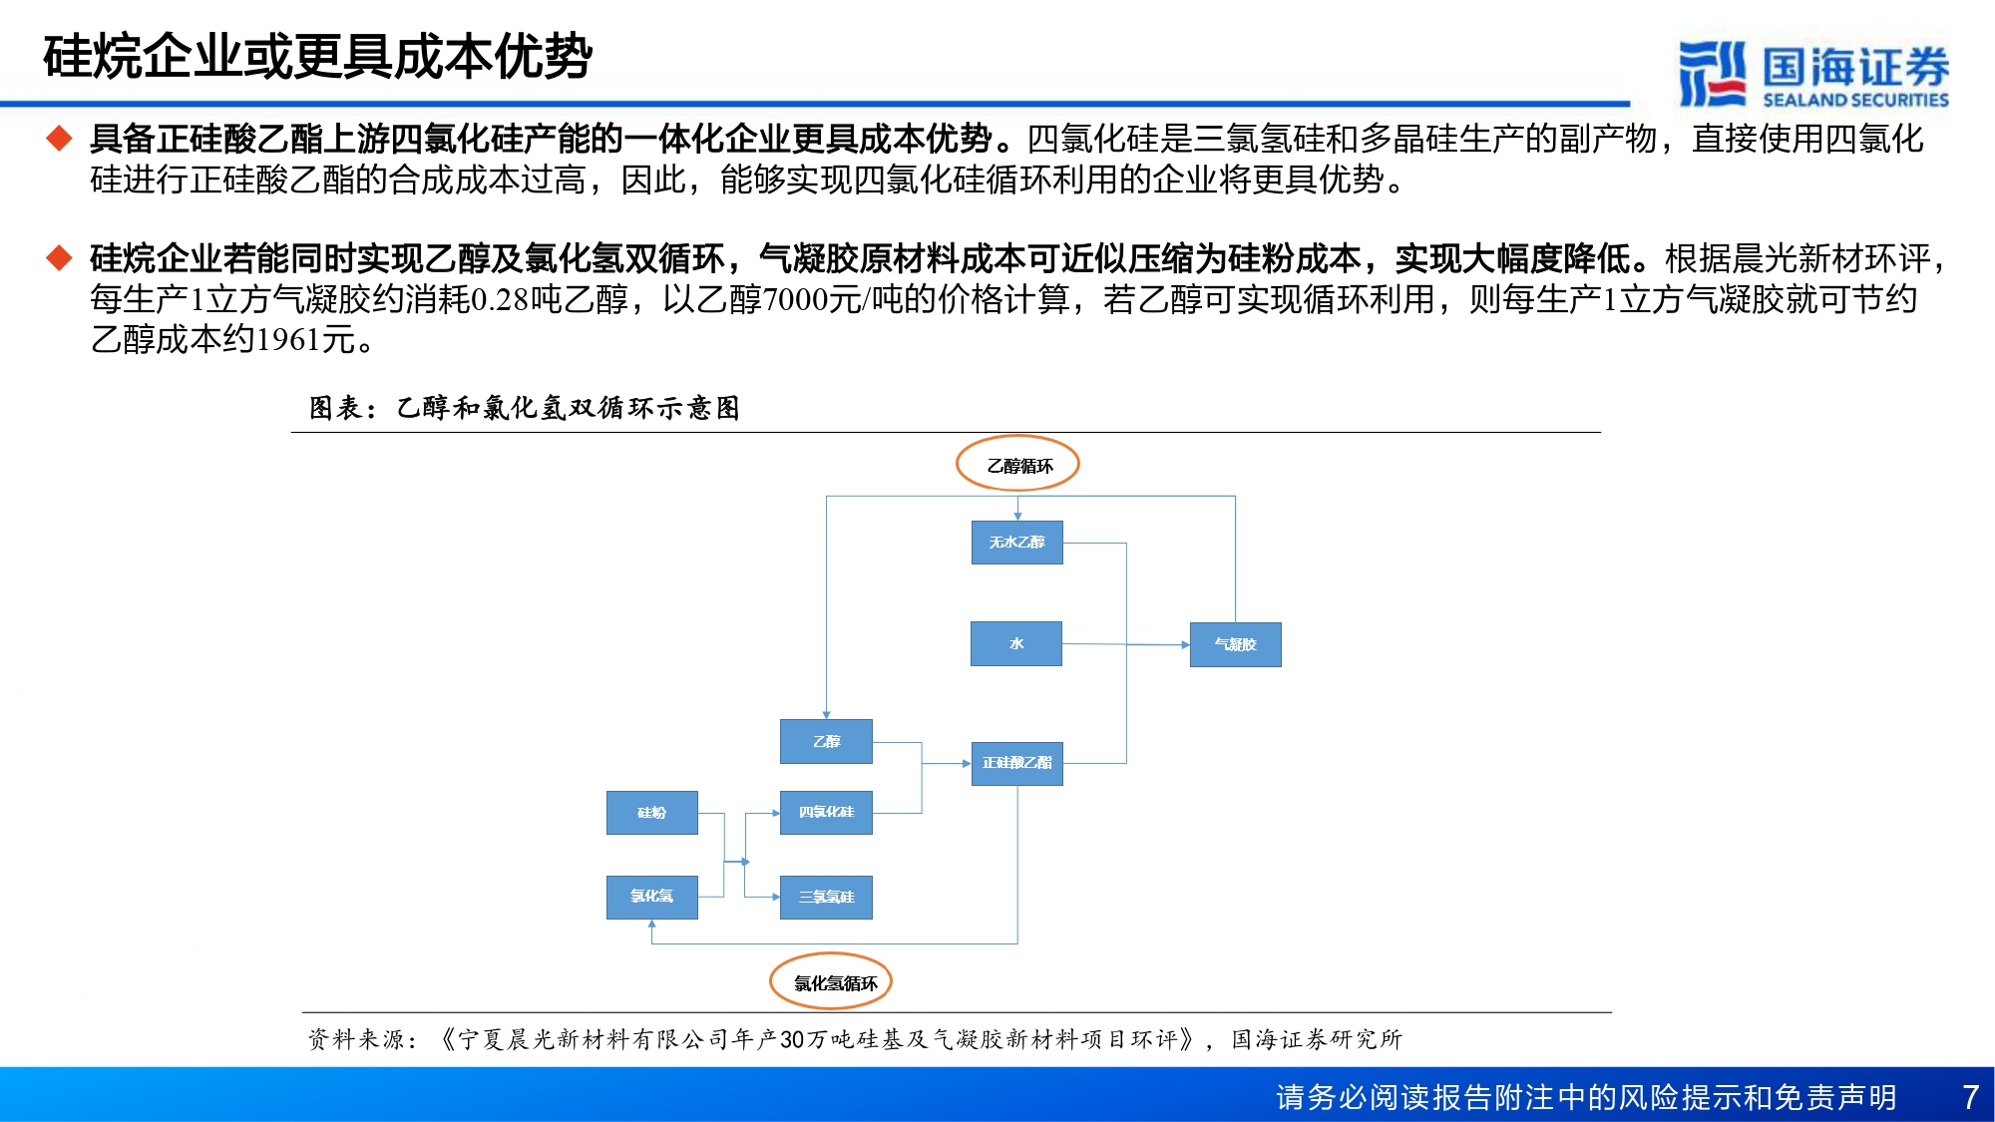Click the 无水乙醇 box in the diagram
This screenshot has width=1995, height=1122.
point(1016,543)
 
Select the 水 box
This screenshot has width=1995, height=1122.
point(1016,643)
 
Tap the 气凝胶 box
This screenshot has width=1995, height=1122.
point(1235,644)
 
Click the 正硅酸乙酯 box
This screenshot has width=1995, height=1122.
point(1016,763)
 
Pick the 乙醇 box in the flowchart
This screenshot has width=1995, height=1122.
point(826,741)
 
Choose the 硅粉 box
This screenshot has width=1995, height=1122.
point(651,813)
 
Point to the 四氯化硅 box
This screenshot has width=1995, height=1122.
point(826,813)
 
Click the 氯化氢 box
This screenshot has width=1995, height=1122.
point(651,897)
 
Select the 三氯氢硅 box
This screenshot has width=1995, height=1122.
point(826,897)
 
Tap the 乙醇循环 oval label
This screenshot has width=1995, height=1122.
point(1018,465)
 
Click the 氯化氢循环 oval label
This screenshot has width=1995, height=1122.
point(831,982)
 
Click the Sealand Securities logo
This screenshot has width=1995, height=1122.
point(1812,73)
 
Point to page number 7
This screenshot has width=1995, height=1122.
point(1970,1097)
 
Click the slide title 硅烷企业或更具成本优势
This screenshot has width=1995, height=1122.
point(317,56)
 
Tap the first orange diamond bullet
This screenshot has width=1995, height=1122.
point(60,138)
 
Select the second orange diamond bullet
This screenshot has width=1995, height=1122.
point(60,257)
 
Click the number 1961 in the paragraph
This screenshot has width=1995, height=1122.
point(287,340)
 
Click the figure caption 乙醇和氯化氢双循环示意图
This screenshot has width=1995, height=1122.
point(569,408)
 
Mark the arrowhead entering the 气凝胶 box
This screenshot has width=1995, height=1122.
point(1185,645)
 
